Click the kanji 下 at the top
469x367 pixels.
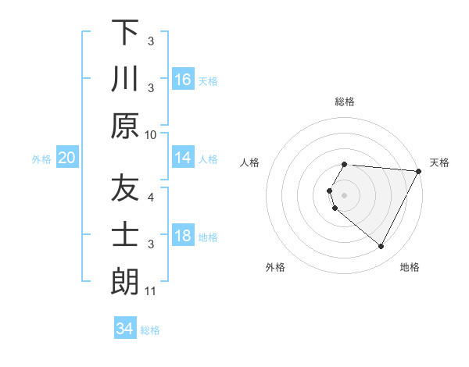[125, 33]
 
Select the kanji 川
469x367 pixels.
[125, 79]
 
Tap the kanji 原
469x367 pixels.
[125, 126]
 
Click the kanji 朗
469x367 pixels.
[125, 282]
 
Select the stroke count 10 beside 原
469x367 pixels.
[151, 134]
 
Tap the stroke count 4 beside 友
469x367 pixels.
[151, 198]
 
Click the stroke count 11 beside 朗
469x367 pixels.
[151, 291]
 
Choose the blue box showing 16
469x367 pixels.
[183, 79]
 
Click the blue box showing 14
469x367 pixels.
[183, 158]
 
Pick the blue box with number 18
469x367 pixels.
[183, 236]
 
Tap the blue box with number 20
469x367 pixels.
[66, 158]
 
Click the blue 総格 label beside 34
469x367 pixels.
[150, 330]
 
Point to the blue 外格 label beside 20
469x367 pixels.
[41, 159]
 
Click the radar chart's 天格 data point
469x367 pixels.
[418, 171]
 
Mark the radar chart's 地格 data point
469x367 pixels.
[381, 247]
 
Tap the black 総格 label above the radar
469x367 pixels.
[345, 102]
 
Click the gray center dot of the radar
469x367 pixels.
[345, 195]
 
